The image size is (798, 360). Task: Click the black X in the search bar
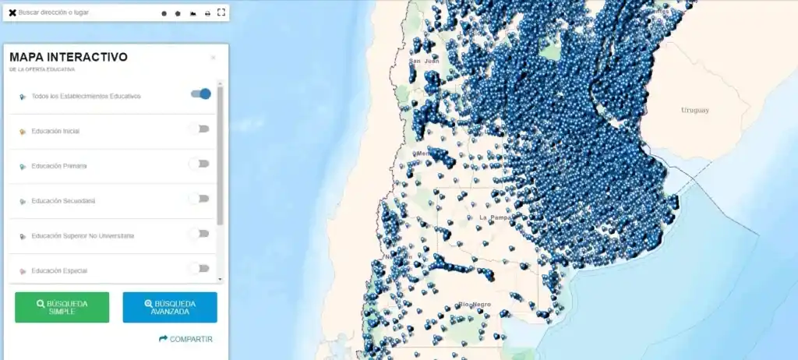click(x=12, y=12)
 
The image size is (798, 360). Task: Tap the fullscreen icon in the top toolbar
click(x=221, y=12)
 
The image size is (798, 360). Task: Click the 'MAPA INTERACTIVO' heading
click(x=69, y=57)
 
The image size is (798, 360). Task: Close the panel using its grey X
click(x=214, y=58)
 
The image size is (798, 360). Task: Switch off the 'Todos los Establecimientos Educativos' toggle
click(x=201, y=94)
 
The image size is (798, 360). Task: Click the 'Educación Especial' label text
click(x=59, y=270)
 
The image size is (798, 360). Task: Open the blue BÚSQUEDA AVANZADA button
click(x=170, y=307)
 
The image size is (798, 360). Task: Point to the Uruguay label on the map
click(x=695, y=110)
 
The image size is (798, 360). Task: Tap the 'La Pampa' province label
click(x=495, y=217)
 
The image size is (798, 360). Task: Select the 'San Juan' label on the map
click(x=425, y=61)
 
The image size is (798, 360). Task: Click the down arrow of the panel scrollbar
click(x=221, y=279)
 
